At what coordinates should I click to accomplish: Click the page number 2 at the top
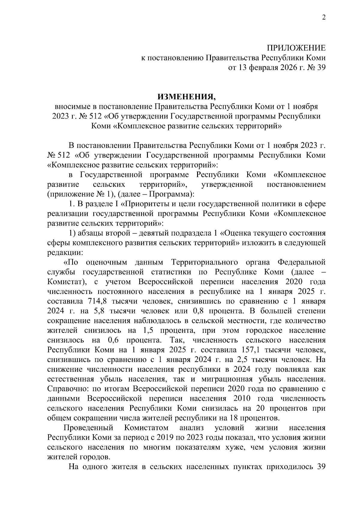pyautogui.click(x=323, y=18)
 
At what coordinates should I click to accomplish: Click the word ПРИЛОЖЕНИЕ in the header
pyautogui.click(x=296, y=48)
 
